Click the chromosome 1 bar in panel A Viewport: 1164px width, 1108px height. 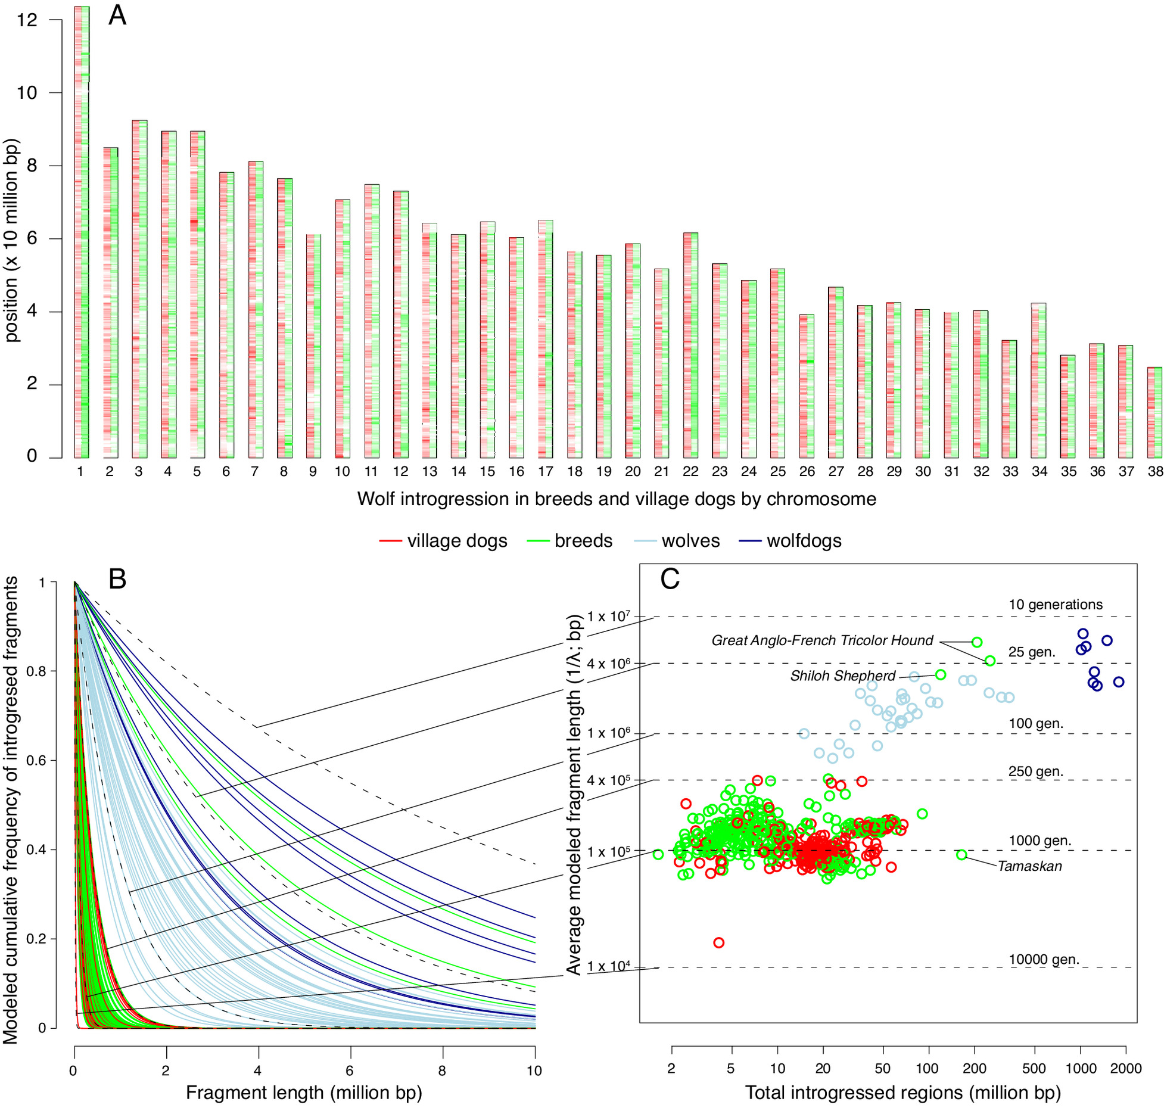(82, 232)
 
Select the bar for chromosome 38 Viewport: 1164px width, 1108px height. (1154, 412)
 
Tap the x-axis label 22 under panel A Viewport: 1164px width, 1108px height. (690, 471)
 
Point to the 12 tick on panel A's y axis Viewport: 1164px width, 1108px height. (27, 20)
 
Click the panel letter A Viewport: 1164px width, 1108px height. (117, 15)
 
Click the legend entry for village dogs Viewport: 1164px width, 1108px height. (443, 541)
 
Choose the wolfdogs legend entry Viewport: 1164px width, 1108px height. (790, 541)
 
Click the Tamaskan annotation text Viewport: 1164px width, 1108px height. (1030, 866)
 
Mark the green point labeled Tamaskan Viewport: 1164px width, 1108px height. (961, 855)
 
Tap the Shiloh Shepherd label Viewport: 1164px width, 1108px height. (843, 676)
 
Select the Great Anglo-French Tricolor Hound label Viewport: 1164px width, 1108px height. (822, 640)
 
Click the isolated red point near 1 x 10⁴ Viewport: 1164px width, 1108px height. (719, 942)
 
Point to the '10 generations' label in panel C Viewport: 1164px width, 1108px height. (1056, 605)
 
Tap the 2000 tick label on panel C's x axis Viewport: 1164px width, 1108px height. (1126, 1068)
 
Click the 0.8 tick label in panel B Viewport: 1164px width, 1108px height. (38, 671)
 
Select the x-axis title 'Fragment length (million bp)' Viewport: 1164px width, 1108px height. (304, 1093)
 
